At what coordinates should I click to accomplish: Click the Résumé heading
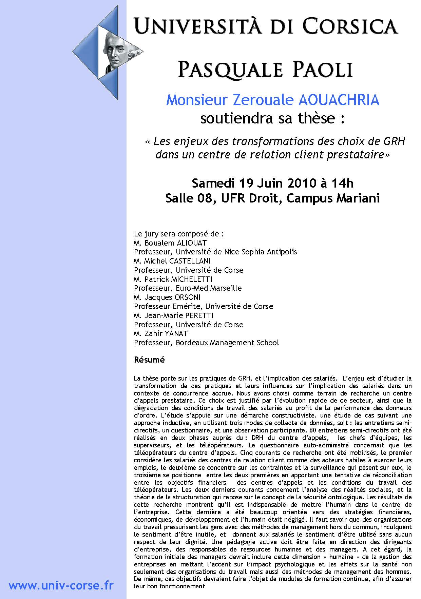149,360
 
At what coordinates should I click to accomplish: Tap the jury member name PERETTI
193,315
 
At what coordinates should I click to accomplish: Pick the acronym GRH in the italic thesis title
394,141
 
